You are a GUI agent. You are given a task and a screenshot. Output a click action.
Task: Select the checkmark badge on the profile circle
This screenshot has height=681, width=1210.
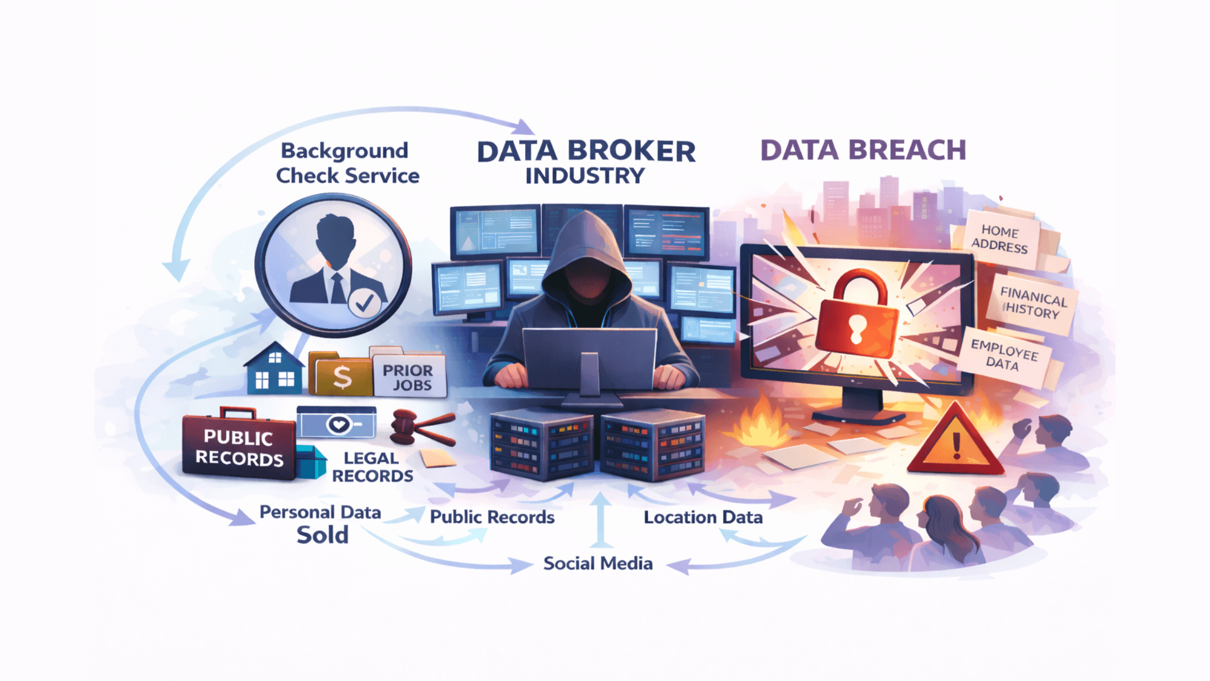coord(364,303)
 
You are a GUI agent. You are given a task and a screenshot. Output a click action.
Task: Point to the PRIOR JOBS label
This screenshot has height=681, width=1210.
coord(409,377)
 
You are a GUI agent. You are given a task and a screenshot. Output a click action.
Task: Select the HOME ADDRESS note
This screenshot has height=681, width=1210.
coord(1000,239)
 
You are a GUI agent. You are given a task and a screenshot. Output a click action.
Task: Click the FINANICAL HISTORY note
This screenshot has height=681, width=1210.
coord(1032,303)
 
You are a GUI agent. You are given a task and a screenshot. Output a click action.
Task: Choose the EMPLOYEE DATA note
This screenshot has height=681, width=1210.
coord(1004,355)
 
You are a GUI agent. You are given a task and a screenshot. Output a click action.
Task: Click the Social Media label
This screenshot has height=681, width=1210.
coord(598,563)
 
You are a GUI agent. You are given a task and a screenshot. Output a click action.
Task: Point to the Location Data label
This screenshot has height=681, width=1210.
coord(703,517)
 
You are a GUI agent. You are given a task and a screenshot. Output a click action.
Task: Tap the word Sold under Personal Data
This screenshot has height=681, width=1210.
coord(322,535)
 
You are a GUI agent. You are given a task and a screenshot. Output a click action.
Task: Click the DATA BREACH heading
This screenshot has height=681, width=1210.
coord(863,150)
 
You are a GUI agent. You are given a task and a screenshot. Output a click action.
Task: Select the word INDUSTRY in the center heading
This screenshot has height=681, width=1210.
coord(585,176)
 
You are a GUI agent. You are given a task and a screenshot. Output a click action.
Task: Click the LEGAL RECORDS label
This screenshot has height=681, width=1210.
coord(372,467)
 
